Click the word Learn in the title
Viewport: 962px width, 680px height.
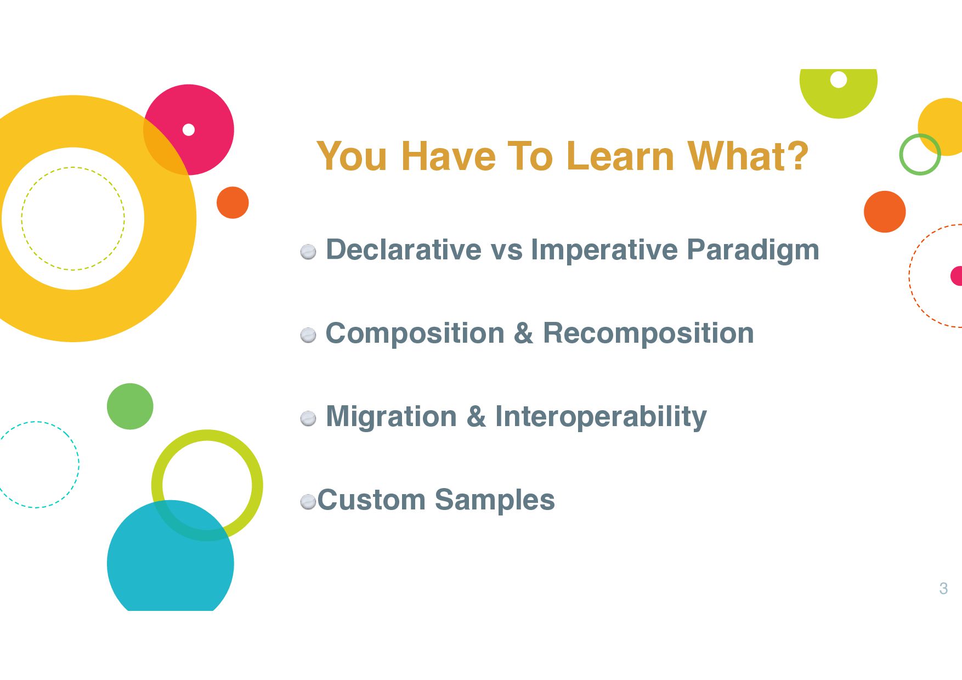pos(623,156)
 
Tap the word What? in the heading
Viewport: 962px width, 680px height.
pos(748,156)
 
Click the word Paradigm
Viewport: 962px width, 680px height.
pos(753,251)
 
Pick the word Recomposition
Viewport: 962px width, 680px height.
pos(648,333)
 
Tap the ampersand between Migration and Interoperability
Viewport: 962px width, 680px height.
pos(476,417)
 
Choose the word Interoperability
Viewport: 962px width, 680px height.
pos(601,417)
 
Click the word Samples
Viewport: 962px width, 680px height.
pos(495,500)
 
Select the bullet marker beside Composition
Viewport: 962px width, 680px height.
pos(308,335)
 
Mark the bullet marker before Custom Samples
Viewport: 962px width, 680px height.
pos(308,501)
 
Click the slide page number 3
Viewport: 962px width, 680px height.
pos(943,588)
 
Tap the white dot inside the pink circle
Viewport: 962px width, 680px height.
pos(189,130)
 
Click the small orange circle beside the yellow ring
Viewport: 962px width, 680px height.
pos(233,203)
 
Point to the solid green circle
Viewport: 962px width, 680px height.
pos(130,406)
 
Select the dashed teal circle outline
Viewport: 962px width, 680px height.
pos(79,464)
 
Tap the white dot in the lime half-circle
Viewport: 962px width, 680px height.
pos(839,80)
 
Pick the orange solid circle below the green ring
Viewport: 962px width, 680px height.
pos(885,212)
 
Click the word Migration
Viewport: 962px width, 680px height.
pos(392,417)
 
